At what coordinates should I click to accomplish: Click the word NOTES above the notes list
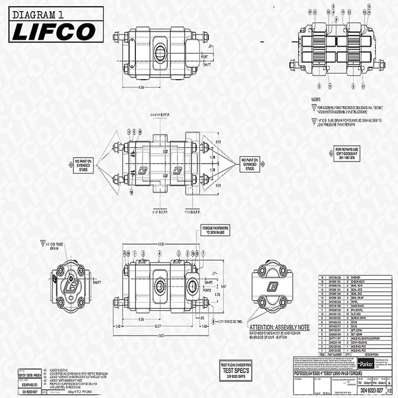[x=319, y=99]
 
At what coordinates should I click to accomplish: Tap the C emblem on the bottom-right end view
[x=272, y=286]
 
